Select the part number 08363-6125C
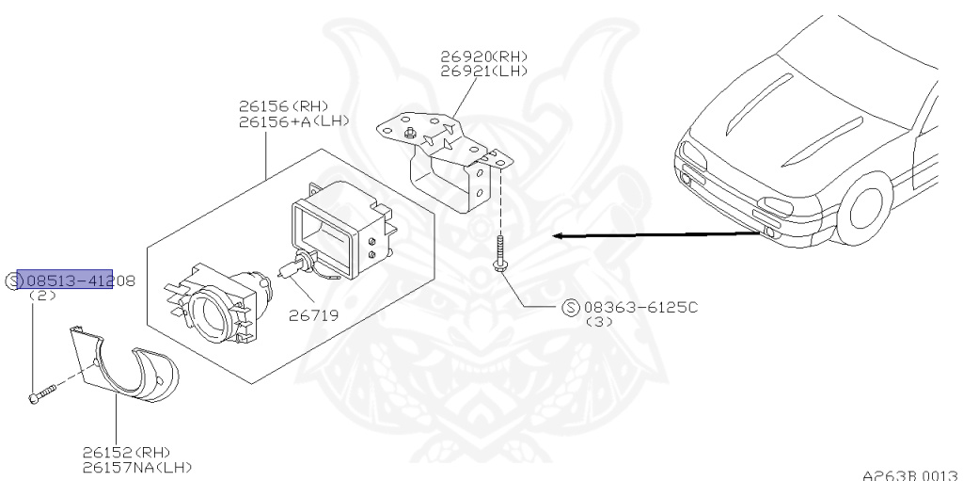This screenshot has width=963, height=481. point(639,308)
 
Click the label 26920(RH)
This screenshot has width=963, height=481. point(483,56)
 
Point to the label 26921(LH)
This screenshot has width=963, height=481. point(483,71)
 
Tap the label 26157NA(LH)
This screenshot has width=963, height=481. point(138,467)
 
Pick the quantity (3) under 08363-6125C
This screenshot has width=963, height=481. point(599,322)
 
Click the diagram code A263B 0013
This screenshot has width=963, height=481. point(911,475)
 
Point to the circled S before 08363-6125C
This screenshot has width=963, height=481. point(571,308)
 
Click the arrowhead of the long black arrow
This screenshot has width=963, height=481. point(558,236)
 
